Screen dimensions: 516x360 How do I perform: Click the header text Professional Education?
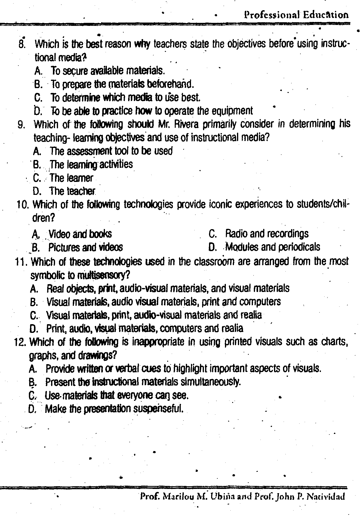[296, 15]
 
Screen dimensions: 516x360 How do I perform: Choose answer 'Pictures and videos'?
[85, 247]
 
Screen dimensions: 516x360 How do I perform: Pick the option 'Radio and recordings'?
[267, 234]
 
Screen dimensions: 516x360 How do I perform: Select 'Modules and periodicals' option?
[272, 247]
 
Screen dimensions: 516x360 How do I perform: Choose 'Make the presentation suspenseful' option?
[114, 409]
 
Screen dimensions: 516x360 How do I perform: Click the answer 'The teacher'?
[72, 191]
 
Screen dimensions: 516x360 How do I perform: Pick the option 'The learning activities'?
[91, 164]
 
